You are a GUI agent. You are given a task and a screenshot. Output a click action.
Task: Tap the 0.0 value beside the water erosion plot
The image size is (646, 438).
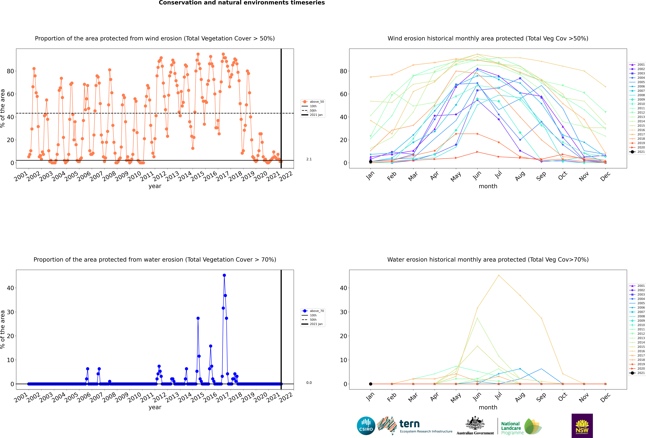tap(309, 383)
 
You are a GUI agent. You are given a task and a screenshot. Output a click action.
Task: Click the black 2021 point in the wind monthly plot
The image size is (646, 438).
tap(371, 162)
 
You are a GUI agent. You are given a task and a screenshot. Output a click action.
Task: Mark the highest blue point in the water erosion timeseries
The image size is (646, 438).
tap(224, 275)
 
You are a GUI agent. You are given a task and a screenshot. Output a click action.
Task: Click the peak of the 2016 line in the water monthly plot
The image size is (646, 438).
tap(499, 275)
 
